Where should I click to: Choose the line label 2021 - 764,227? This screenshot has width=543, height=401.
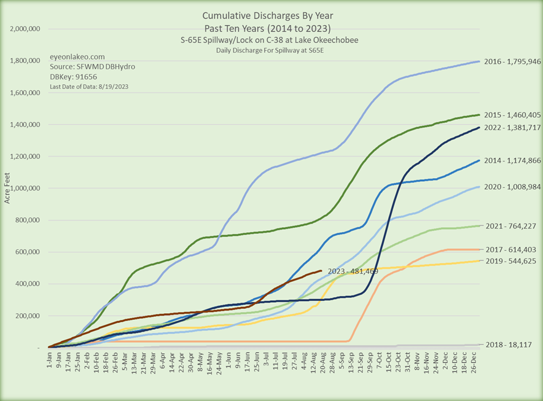tap(510, 226)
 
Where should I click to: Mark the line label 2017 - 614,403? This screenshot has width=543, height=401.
tap(510, 249)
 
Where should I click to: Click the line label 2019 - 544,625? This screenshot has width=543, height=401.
tap(510, 262)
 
